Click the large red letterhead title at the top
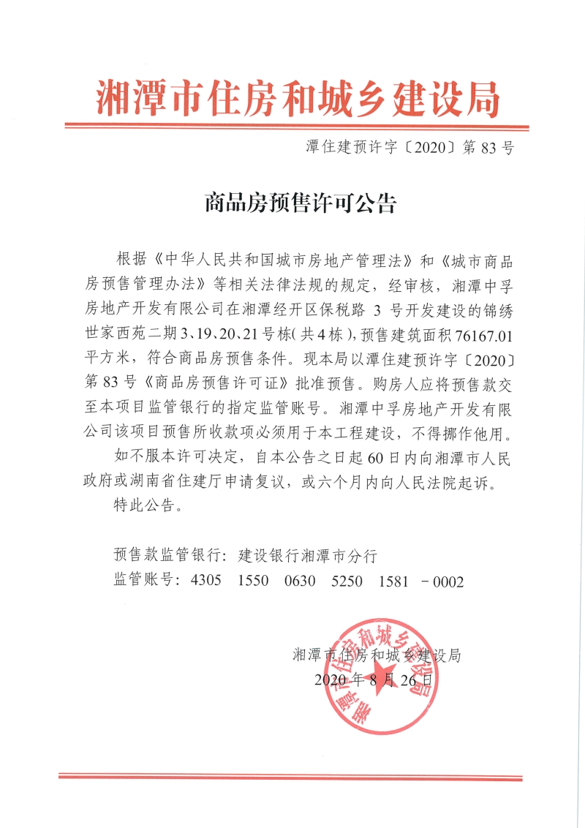298,98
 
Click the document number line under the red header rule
409,148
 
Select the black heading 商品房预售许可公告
299,203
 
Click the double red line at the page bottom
298,776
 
